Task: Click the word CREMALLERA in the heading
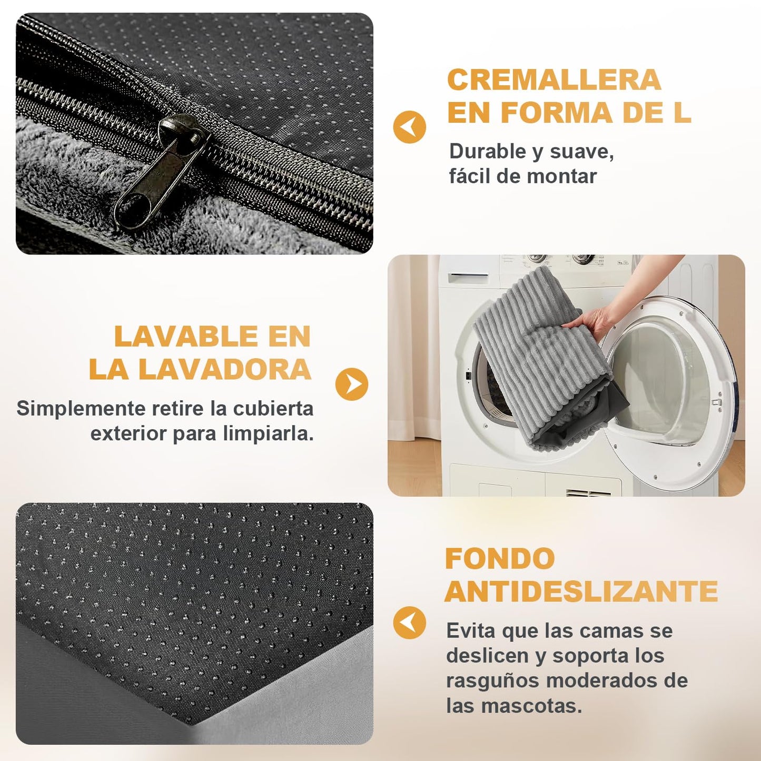click(x=554, y=80)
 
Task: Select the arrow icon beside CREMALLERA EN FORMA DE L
click(x=410, y=127)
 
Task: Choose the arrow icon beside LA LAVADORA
click(x=351, y=384)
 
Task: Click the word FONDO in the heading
click(x=500, y=558)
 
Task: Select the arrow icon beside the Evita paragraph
click(x=410, y=623)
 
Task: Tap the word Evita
click(x=470, y=630)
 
